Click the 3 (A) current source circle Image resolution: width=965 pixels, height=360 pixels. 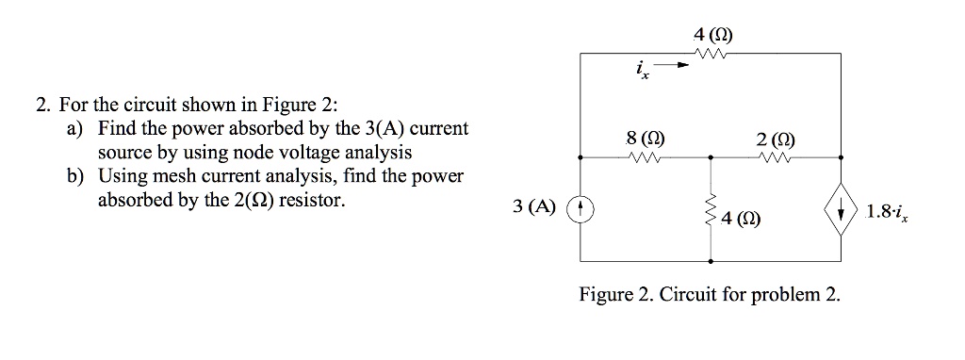tap(580, 208)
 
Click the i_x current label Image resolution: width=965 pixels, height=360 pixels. tap(642, 69)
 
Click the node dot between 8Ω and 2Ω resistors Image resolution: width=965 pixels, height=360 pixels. tap(710, 158)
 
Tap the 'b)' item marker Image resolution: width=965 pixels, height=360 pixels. tap(74, 176)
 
